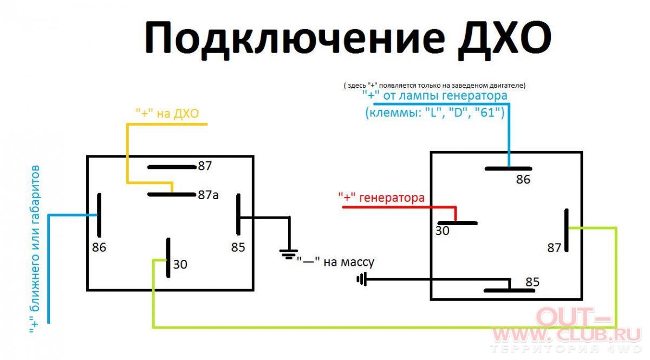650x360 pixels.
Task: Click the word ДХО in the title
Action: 504,40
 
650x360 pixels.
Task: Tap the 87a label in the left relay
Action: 208,195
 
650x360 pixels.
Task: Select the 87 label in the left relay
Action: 205,166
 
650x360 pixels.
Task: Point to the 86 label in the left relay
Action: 99,247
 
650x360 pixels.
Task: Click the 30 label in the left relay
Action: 180,264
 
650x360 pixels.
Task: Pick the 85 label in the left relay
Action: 238,247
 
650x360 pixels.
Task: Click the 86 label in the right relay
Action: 523,179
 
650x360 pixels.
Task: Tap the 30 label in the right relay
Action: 442,231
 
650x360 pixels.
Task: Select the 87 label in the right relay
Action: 554,248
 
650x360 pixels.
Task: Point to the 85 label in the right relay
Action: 532,282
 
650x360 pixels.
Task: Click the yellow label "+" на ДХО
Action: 167,113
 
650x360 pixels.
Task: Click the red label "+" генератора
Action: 381,198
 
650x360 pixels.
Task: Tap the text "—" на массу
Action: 335,261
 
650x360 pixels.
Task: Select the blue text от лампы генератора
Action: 445,95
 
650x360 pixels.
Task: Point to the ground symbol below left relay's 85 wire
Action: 288,254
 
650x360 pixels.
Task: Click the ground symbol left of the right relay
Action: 362,279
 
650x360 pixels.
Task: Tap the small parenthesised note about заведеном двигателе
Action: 434,86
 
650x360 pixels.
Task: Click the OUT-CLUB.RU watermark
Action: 566,329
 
